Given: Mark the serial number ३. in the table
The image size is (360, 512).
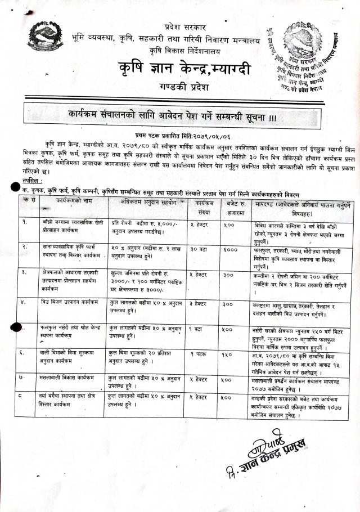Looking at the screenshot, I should pos(24,272).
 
